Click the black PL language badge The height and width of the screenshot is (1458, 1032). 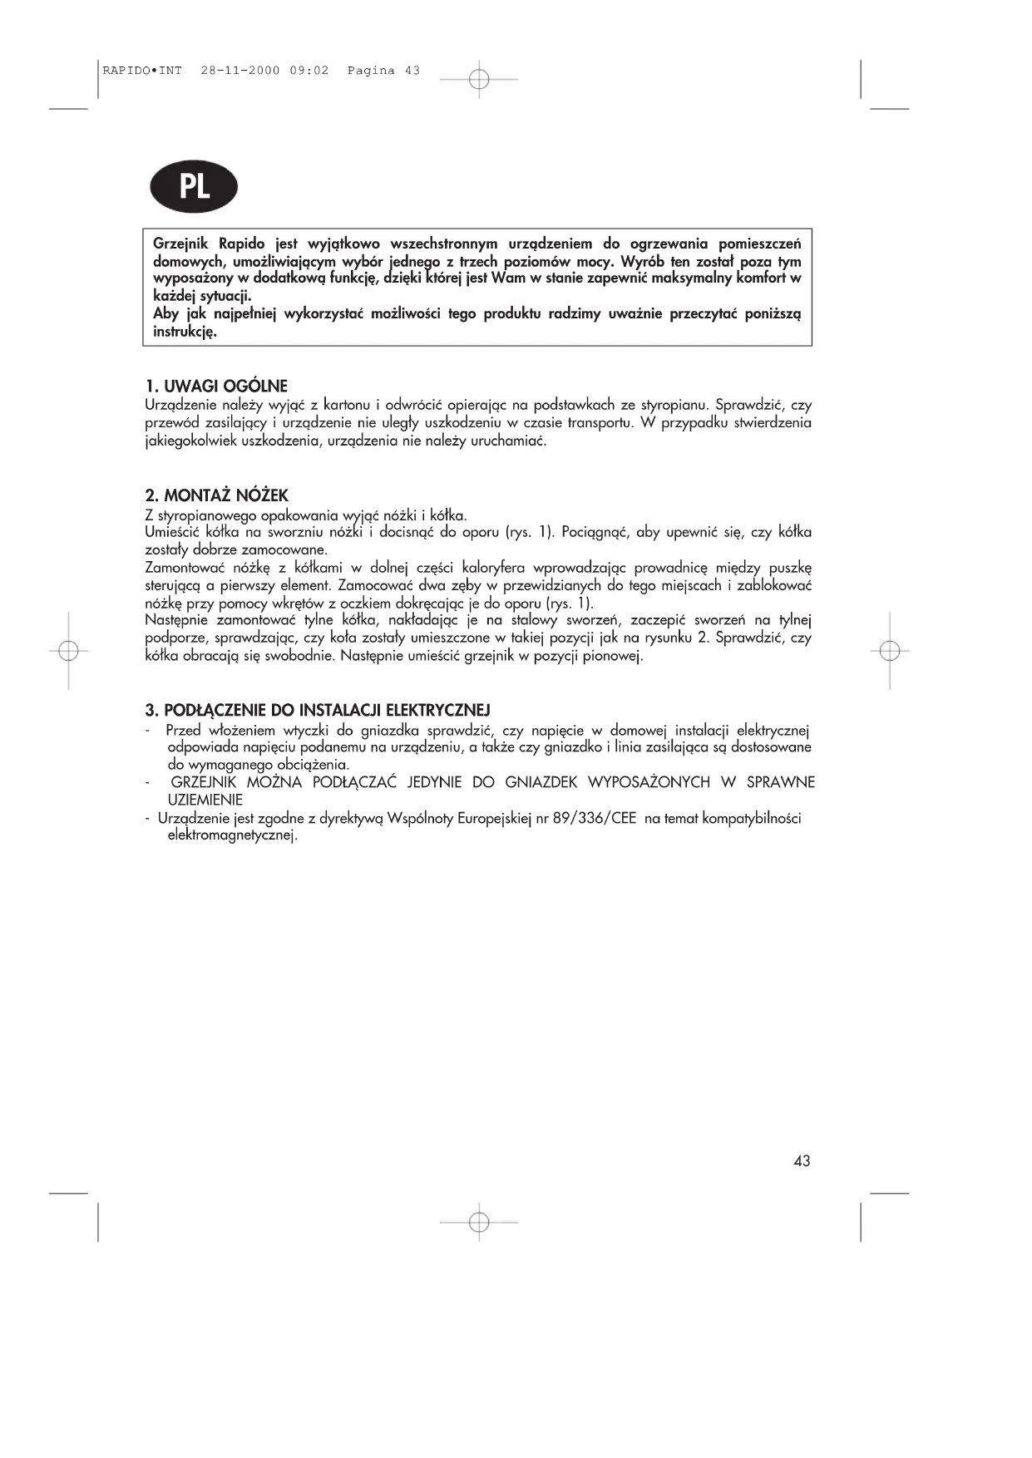coord(194,187)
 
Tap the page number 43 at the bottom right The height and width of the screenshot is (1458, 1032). coord(802,1160)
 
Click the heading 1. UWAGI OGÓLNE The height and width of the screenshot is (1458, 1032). coord(216,387)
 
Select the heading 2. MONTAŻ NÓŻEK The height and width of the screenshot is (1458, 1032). coord(216,496)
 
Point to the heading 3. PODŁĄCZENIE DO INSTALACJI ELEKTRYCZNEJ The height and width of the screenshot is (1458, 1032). coord(318,710)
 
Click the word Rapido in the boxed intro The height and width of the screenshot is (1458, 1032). coord(241,244)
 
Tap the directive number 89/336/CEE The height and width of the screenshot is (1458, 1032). coord(595,818)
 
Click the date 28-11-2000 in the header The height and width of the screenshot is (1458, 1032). coord(240,71)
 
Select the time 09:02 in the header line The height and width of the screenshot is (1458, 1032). coord(309,71)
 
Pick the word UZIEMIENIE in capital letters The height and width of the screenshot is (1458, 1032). coord(205,800)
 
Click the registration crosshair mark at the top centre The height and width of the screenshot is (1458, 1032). coord(479,79)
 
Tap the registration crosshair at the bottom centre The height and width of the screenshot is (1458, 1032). coord(479,1222)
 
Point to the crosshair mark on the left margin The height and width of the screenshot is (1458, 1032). coord(69,651)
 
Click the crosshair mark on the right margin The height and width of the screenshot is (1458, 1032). coord(890,651)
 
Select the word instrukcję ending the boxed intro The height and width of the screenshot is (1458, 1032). coord(185,332)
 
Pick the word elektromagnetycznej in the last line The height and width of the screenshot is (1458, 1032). coord(232,835)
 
